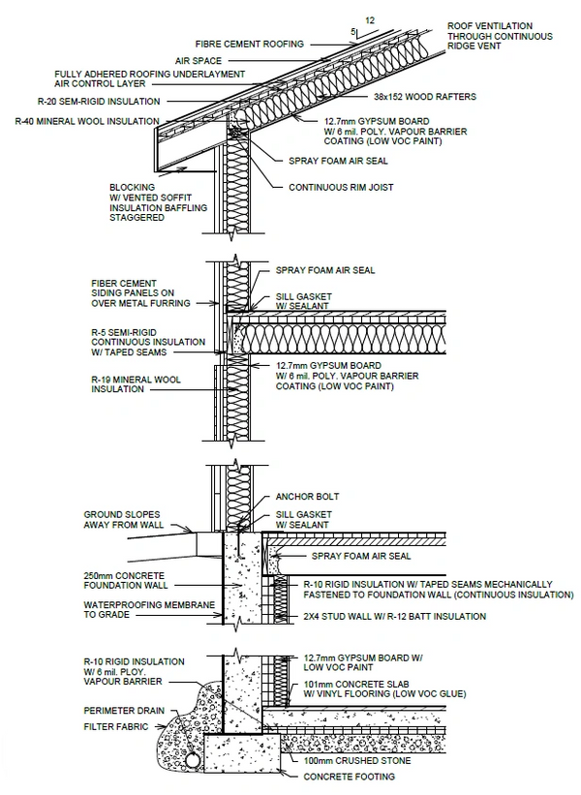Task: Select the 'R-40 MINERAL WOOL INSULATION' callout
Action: coord(86,121)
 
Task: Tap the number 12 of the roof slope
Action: coord(369,19)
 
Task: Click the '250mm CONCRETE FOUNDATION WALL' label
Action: coord(131,581)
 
